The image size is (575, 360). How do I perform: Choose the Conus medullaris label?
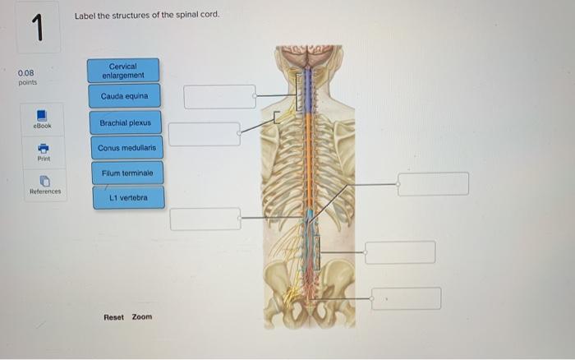click(126, 148)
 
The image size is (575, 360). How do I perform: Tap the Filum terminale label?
click(127, 173)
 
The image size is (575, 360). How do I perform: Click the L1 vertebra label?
click(128, 197)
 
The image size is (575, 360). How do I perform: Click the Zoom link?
click(142, 316)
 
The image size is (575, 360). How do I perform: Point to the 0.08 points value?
click(27, 77)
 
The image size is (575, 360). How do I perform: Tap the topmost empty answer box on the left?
click(219, 96)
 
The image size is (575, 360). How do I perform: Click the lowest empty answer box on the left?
click(205, 219)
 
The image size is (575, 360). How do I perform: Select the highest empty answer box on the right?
click(433, 184)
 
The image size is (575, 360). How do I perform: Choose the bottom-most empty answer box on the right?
click(406, 298)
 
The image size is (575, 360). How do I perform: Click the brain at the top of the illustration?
click(308, 56)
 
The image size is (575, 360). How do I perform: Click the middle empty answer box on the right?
click(400, 252)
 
